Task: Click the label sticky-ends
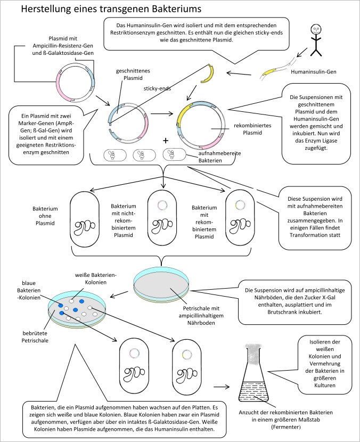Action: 157,88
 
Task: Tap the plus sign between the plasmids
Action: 166,141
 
